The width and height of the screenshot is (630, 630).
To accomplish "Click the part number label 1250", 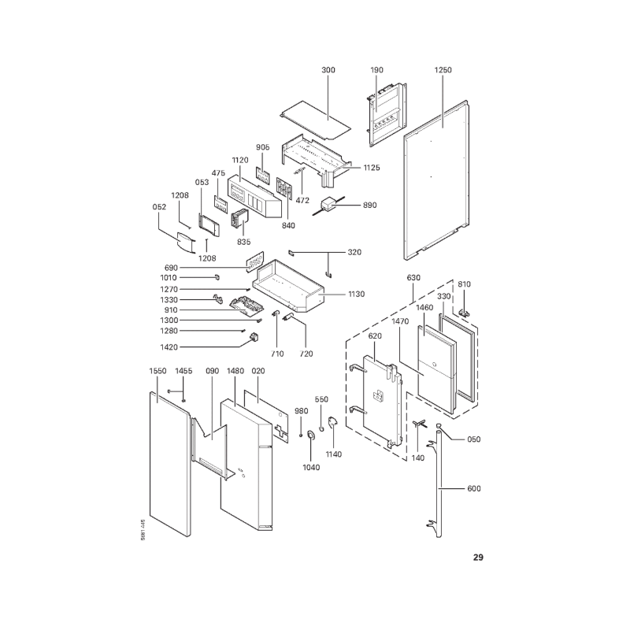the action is click(443, 70).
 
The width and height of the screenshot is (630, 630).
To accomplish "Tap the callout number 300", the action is click(328, 70).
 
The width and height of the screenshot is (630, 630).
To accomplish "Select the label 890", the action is click(369, 205).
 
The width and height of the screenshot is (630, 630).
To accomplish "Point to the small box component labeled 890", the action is click(329, 206).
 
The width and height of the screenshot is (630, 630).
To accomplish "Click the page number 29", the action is click(478, 558).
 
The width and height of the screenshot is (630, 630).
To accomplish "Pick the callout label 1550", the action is click(157, 371).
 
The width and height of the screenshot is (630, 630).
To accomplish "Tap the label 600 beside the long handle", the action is click(474, 488).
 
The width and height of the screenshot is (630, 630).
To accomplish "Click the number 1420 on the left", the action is click(169, 347).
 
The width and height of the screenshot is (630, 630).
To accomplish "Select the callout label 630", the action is click(413, 278).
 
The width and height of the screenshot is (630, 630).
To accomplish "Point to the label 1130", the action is click(357, 294).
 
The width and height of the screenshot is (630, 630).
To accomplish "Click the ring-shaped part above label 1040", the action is click(310, 435).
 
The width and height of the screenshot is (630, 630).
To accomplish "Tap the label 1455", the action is click(183, 371).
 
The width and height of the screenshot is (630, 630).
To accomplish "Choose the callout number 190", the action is click(376, 70).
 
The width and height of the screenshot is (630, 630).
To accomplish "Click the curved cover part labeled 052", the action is click(185, 243).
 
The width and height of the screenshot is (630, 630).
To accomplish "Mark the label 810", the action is click(464, 284).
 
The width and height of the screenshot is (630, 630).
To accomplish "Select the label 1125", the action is click(372, 168).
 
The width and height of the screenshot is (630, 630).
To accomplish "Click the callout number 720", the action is click(306, 354).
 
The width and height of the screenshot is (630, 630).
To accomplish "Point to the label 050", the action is click(474, 439).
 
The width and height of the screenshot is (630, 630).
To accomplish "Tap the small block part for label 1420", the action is click(254, 337).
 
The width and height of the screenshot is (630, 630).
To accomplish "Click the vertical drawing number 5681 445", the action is click(143, 530).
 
